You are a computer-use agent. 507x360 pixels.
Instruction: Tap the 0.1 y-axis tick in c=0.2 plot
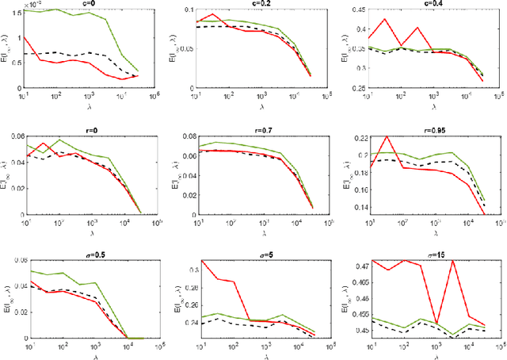pos(189,10)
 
